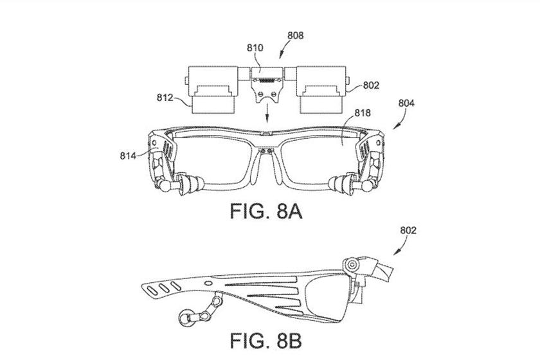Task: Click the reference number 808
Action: coord(296,35)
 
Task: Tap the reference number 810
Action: coord(255,48)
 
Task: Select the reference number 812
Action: coord(165,98)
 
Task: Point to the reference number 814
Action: coord(128,156)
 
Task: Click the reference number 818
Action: coord(363,113)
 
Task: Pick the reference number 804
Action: coord(406,103)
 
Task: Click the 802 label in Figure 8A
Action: coord(371,85)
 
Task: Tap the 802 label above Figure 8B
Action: coord(408,230)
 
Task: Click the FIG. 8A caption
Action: coord(266,211)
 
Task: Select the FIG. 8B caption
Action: coord(266,341)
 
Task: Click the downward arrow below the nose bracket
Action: coord(267,114)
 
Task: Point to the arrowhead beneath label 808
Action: coord(282,55)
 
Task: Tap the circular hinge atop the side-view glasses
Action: coord(352,265)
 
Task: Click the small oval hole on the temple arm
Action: coord(208,283)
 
